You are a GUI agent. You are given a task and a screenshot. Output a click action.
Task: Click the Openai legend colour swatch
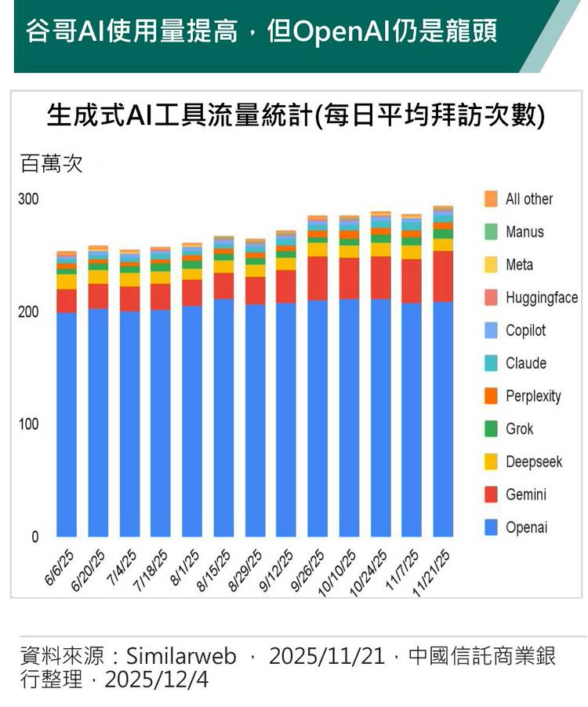point(491,528)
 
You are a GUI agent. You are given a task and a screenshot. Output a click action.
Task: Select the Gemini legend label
point(525,495)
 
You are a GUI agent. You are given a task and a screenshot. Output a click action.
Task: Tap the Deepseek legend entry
point(533,462)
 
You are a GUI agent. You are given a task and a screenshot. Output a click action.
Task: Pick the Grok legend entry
point(519,429)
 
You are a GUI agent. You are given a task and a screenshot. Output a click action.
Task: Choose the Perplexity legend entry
point(533,396)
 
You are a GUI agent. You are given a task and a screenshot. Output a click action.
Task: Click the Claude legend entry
point(525,363)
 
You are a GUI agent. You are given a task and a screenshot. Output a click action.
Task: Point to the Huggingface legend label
point(542,297)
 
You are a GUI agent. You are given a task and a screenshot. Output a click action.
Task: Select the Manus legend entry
point(524,232)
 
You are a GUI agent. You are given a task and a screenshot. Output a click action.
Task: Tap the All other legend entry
point(528,199)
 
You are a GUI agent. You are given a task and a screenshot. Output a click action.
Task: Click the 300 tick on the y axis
point(28,199)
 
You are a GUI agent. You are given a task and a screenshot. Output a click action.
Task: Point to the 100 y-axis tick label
point(28,425)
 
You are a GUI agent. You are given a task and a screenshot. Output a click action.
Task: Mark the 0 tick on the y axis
point(34,538)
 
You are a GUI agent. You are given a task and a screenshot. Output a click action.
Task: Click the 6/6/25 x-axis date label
point(59,567)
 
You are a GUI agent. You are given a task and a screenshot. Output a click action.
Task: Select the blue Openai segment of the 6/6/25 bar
point(67,424)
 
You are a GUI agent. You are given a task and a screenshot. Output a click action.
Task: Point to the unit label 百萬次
point(51,165)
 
